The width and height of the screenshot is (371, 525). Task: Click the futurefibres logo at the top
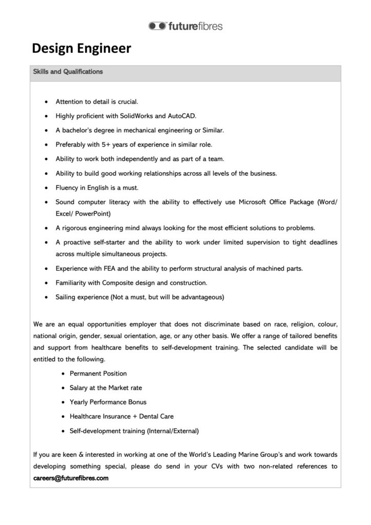click(186, 26)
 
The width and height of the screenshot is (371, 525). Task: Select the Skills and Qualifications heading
click(68, 72)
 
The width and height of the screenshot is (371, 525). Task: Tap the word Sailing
click(67, 297)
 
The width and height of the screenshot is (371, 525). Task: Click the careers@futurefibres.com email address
click(71, 478)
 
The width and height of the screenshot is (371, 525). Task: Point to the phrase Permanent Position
click(98, 373)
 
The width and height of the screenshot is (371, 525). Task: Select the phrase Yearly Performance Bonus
click(108, 402)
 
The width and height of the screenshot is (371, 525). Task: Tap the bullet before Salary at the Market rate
click(63, 388)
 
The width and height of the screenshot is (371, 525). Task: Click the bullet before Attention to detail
click(47, 102)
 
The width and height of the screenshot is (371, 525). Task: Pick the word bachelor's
click(80, 130)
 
